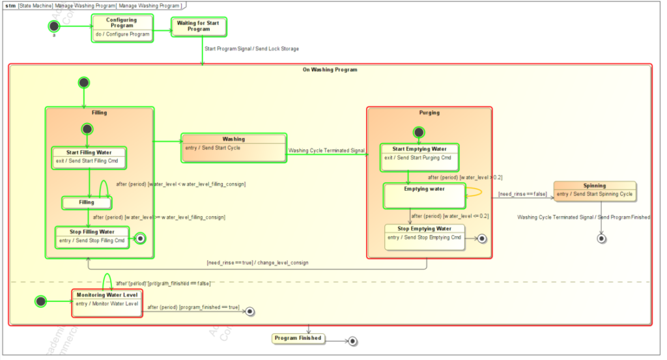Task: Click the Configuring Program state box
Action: coord(122,28)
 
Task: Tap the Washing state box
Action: coord(234,148)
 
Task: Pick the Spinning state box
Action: coord(594,191)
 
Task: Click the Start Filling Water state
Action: coord(89,157)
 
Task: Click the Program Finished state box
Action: coord(298,339)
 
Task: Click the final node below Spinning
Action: coord(601,239)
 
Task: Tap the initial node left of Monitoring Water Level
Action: coord(41,301)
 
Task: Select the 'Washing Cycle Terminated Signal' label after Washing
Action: coord(326,150)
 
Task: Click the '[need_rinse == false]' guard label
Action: coord(522,194)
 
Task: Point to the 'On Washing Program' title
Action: coord(330,70)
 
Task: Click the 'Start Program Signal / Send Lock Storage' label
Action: coord(251,49)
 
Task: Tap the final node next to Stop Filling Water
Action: coord(139,239)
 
